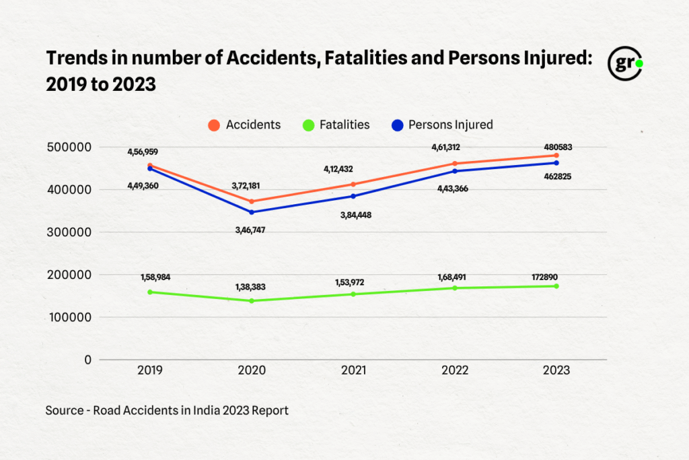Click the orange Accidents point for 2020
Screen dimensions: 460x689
(252, 201)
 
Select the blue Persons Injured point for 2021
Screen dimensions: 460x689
(353, 196)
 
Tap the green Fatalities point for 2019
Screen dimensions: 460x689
(150, 292)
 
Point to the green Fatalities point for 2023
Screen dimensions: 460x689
(556, 286)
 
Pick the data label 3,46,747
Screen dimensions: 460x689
(250, 230)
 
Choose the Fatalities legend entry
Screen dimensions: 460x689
(336, 125)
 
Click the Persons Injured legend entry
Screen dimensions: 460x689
(441, 125)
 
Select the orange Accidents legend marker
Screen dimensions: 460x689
(214, 125)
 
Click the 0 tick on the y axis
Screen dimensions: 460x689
(87, 360)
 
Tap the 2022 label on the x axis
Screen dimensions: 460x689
(455, 370)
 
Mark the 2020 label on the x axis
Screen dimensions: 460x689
(252, 370)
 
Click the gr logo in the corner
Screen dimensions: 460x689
(625, 65)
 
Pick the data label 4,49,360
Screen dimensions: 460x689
(143, 185)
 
